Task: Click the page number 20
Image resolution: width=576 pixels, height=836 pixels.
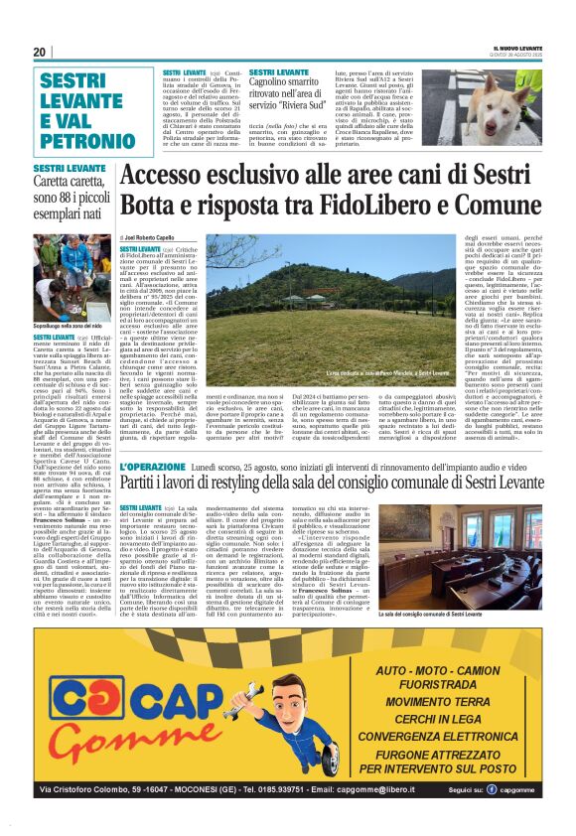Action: pos(40,52)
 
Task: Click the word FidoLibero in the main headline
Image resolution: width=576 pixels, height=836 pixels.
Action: pos(368,207)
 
